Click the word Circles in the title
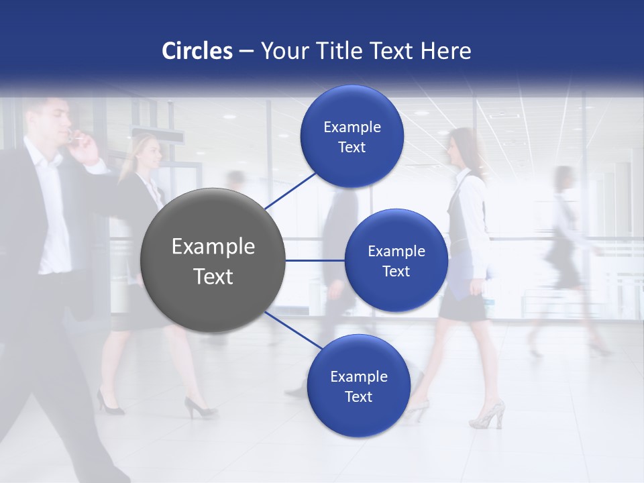tap(197, 51)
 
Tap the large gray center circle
tap(213, 260)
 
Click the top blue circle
tap(352, 136)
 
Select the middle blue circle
tap(396, 260)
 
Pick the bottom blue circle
tap(358, 386)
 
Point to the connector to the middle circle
tap(315, 260)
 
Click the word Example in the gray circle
tap(213, 246)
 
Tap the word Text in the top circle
tap(352, 147)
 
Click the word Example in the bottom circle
tap(358, 376)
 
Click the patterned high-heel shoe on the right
tap(488, 415)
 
